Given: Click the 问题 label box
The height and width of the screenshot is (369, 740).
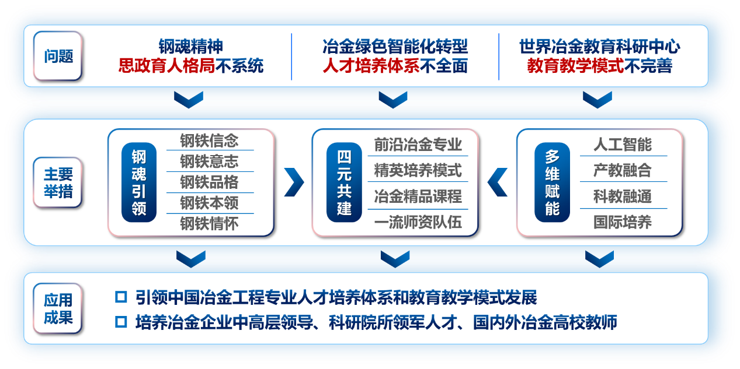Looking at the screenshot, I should pyautogui.click(x=58, y=56).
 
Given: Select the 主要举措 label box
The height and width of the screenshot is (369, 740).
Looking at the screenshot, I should pyautogui.click(x=58, y=182).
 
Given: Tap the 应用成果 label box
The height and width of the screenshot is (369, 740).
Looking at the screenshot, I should pyautogui.click(x=58, y=309).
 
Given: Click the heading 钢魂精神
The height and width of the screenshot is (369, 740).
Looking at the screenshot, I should pyautogui.click(x=190, y=47).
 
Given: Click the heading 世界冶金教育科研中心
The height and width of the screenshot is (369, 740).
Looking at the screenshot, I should pyautogui.click(x=599, y=47).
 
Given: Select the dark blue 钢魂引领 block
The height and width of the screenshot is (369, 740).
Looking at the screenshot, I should pyautogui.click(x=139, y=182).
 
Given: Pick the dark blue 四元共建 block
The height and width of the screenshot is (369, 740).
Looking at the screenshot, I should pyautogui.click(x=344, y=182).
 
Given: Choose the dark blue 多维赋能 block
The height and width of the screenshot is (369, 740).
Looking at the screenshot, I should pyautogui.click(x=552, y=182).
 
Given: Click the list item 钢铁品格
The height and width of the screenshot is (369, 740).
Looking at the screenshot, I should pyautogui.click(x=209, y=182).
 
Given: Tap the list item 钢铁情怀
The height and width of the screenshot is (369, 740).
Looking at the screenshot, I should pyautogui.click(x=209, y=224).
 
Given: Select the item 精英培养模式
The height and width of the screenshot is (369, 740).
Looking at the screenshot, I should pyautogui.click(x=418, y=170).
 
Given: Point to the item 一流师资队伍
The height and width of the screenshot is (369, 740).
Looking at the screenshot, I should pyautogui.click(x=418, y=222).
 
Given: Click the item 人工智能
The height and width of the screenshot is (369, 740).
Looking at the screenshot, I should pyautogui.click(x=623, y=145).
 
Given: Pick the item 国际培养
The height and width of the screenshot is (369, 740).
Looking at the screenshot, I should pyautogui.click(x=623, y=222).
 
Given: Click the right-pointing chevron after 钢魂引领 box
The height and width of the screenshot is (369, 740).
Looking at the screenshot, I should pyautogui.click(x=294, y=182).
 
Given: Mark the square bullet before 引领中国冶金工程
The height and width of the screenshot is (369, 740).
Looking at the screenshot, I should pyautogui.click(x=121, y=297).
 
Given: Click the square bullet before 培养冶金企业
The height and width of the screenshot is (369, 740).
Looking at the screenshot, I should pyautogui.click(x=121, y=321).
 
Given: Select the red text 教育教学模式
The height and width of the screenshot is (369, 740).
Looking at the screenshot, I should pyautogui.click(x=575, y=65).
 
